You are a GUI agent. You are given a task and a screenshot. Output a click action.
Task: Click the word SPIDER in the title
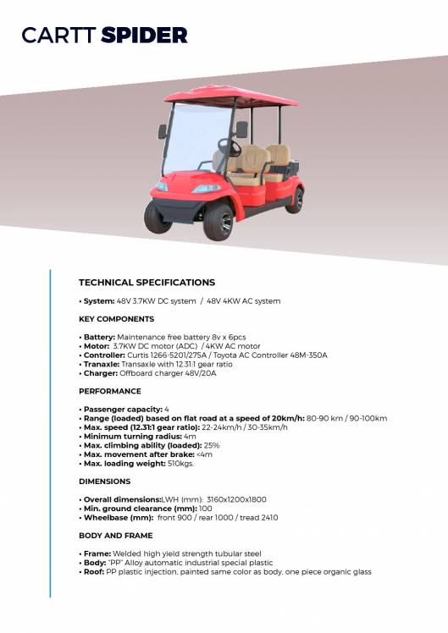[144, 35]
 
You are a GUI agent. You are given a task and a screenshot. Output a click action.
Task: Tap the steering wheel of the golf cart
[227, 146]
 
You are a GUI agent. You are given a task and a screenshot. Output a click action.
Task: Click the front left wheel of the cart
[158, 217]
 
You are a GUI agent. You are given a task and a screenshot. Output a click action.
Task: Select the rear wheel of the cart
[294, 200]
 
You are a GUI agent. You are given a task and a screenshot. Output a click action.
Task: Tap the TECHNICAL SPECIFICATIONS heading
[147, 283]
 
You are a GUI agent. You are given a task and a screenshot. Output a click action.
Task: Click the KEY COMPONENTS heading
[116, 319]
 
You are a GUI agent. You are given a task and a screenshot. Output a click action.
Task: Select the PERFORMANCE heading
[109, 391]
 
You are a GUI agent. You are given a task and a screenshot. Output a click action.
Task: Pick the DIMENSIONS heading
[104, 482]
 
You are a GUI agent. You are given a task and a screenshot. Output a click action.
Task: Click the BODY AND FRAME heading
[115, 536]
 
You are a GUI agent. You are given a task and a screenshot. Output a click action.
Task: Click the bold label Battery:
[98, 338]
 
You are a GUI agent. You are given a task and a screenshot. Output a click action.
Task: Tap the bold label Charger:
[98, 373]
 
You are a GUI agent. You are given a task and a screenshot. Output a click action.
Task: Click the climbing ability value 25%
[212, 445]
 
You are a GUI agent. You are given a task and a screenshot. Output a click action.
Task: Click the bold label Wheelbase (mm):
[118, 517]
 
